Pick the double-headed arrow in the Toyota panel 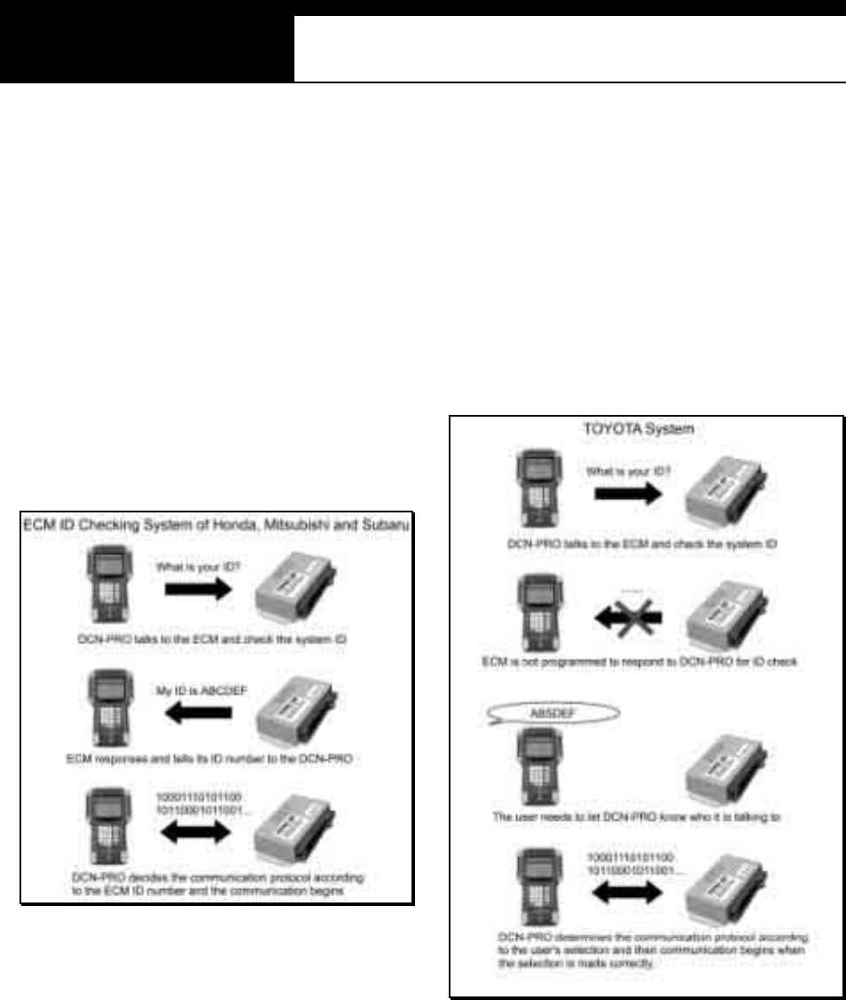coord(625,891)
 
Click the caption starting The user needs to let coord(636,818)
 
